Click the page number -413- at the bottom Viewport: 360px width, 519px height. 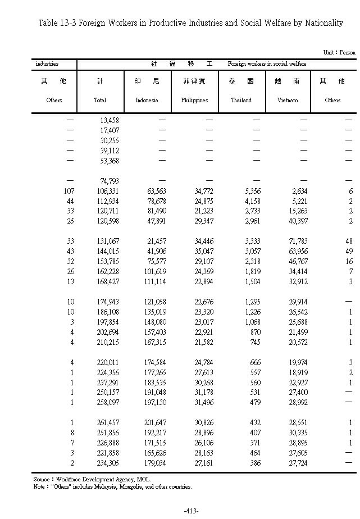192,511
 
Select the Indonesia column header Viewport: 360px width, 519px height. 147,100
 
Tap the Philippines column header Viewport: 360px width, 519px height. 194,100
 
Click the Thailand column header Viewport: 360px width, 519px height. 241,100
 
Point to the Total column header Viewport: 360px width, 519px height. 99,100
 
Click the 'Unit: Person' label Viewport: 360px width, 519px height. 339,52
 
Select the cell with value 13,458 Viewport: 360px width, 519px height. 109,120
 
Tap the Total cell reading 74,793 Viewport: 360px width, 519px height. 109,181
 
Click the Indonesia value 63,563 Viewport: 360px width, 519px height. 155,191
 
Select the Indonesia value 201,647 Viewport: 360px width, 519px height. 154,422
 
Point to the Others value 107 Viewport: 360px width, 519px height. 69,191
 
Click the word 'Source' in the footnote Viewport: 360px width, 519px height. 41,479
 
